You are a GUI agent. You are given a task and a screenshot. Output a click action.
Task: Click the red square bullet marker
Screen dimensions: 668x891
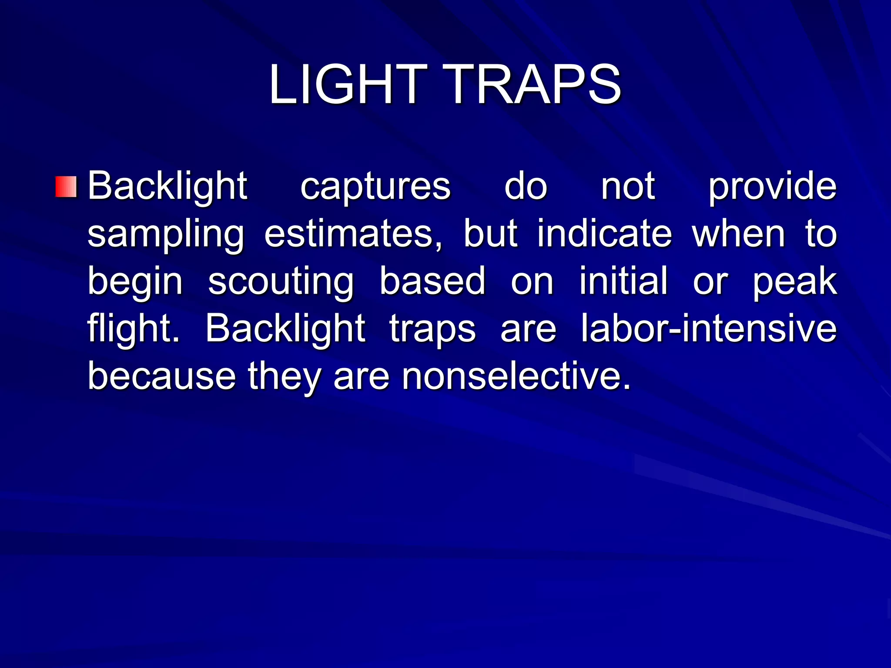point(66,187)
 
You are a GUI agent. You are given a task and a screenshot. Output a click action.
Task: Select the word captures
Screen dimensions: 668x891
point(375,187)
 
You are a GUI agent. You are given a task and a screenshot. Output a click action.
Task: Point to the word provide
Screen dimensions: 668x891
point(772,187)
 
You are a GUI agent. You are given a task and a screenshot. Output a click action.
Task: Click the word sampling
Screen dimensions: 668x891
point(166,234)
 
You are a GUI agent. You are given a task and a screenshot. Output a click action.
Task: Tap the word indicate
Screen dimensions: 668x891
point(604,234)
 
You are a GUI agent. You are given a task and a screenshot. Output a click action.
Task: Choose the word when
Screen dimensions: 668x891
point(739,234)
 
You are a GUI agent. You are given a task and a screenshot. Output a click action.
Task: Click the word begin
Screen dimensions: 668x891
point(135,282)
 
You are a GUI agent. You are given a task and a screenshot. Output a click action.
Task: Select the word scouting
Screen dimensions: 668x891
point(281,282)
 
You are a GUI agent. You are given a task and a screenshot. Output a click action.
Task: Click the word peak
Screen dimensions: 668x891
point(794,282)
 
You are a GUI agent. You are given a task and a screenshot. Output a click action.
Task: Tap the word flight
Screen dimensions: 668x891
point(133,329)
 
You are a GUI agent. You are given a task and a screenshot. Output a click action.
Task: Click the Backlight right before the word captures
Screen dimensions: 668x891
point(167,187)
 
